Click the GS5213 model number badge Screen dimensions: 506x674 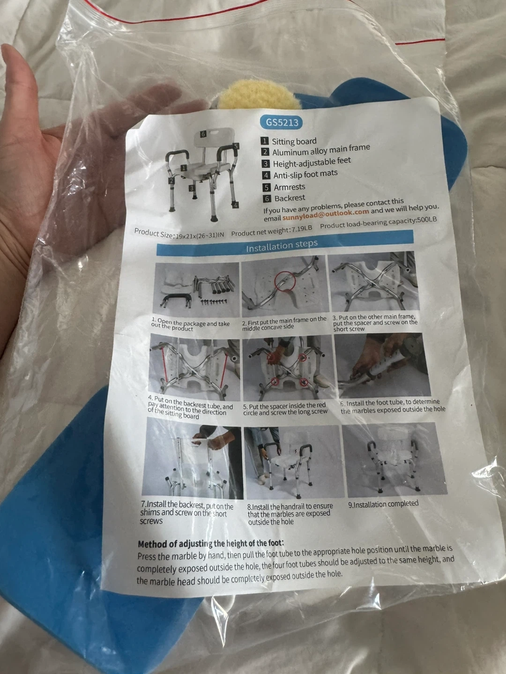[x=282, y=123]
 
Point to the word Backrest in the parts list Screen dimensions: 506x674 [x=290, y=198]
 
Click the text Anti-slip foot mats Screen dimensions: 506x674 [x=305, y=174]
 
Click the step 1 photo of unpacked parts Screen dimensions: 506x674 [x=196, y=290]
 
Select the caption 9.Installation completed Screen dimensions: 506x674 [x=383, y=504]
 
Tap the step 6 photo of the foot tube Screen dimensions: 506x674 [x=382, y=365]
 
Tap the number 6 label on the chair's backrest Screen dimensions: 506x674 [x=203, y=134]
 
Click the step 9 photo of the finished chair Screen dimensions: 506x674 [x=394, y=460]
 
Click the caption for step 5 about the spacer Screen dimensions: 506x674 [x=285, y=409]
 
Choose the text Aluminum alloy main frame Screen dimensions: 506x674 [x=321, y=150]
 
